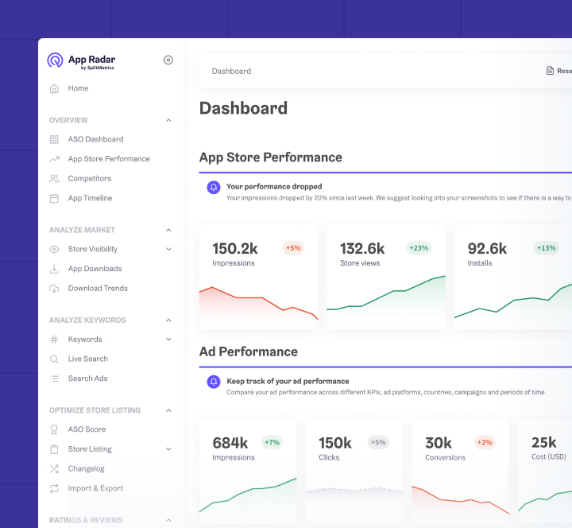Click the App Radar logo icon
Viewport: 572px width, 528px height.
(x=55, y=60)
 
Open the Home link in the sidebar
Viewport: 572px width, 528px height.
(x=78, y=88)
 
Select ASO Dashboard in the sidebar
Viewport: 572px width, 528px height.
(x=95, y=139)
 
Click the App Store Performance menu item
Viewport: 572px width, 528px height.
(x=108, y=159)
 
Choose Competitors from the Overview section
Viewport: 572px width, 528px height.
(x=89, y=179)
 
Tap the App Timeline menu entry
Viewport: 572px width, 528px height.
(x=90, y=198)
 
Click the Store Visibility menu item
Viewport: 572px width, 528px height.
(x=92, y=249)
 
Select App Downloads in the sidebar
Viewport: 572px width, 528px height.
(x=95, y=269)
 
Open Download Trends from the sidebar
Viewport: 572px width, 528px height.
(x=98, y=288)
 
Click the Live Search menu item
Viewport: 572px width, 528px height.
(x=87, y=359)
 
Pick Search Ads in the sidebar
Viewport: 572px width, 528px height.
(x=87, y=379)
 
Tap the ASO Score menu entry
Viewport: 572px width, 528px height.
(x=87, y=429)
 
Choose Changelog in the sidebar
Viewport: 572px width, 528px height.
(x=86, y=468)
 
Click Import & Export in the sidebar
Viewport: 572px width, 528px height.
(x=95, y=488)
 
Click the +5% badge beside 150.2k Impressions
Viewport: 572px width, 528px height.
(x=293, y=248)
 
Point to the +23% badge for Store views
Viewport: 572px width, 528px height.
(x=419, y=248)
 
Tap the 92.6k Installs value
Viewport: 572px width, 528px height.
(x=487, y=249)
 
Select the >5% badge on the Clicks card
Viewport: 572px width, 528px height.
(x=377, y=442)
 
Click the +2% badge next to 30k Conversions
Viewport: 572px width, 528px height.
(x=484, y=442)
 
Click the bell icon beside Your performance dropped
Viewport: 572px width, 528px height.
(x=213, y=188)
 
